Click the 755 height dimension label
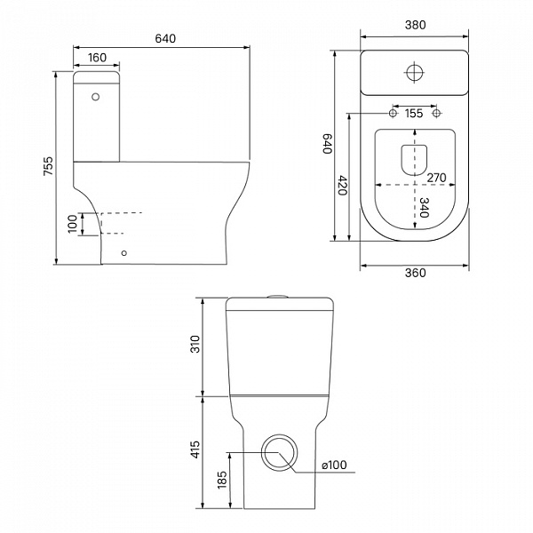49,166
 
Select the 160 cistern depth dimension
97,58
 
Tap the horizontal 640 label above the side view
165,39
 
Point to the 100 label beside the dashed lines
73,224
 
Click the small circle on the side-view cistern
96,97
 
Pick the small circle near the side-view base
124,253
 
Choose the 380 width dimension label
415,25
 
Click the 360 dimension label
415,273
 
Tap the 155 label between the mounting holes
414,113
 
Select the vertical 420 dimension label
342,186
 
